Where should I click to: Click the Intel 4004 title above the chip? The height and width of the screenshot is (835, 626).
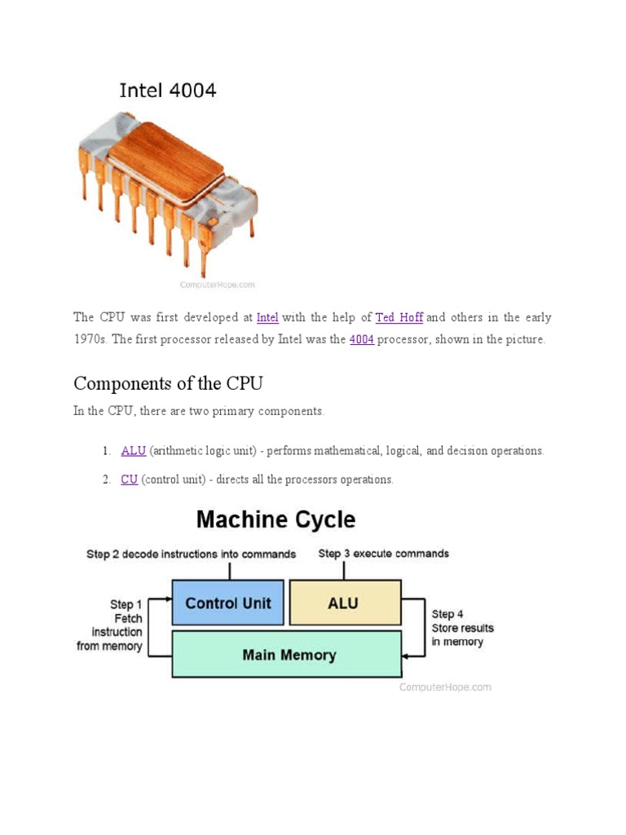pyautogui.click(x=168, y=91)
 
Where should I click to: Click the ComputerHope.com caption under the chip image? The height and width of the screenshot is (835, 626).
pyautogui.click(x=217, y=285)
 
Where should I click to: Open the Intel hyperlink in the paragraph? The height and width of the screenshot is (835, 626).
pyautogui.click(x=267, y=317)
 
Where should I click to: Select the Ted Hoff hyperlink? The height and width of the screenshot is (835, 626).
pyautogui.click(x=399, y=317)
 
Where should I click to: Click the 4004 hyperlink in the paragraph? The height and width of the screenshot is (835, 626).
pyautogui.click(x=361, y=339)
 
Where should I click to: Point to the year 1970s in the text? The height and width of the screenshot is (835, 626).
pyautogui.click(x=90, y=339)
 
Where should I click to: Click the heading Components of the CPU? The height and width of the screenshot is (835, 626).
pyautogui.click(x=168, y=383)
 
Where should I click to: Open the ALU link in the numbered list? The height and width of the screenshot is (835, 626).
pyautogui.click(x=133, y=450)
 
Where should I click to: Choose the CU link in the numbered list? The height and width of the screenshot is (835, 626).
pyautogui.click(x=129, y=479)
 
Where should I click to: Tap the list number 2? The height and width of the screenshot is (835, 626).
pyautogui.click(x=106, y=479)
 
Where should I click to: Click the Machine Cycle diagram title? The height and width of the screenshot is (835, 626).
pyautogui.click(x=276, y=519)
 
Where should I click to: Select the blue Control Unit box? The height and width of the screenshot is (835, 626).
pyautogui.click(x=227, y=603)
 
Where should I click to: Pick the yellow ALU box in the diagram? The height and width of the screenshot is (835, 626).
pyautogui.click(x=345, y=603)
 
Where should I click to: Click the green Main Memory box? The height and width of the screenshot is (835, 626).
pyautogui.click(x=286, y=654)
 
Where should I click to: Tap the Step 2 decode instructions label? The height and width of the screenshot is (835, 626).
pyautogui.click(x=191, y=554)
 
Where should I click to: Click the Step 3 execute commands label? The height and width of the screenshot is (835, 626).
pyautogui.click(x=383, y=553)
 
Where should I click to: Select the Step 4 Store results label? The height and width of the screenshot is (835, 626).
pyautogui.click(x=461, y=628)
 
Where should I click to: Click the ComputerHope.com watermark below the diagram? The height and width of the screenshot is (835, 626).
pyautogui.click(x=445, y=687)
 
